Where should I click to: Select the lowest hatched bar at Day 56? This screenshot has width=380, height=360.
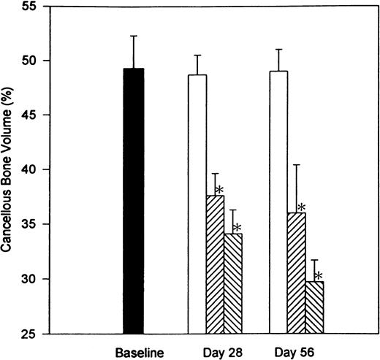pos(313,307)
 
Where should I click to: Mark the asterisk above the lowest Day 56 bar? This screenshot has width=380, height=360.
pos(318,276)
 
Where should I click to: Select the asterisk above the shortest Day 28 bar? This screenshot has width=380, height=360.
pos(236,227)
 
